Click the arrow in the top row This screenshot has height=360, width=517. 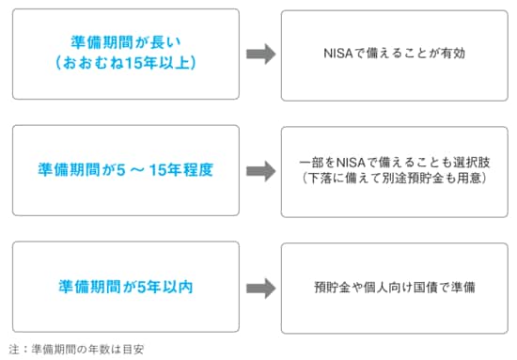260,55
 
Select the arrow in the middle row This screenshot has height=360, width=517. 260,171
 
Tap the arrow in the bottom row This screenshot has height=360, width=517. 260,287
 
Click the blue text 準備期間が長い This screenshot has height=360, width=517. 126,43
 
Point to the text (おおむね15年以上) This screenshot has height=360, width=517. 126,66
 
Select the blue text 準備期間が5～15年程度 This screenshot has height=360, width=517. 126,171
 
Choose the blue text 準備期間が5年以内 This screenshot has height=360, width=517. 126,287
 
